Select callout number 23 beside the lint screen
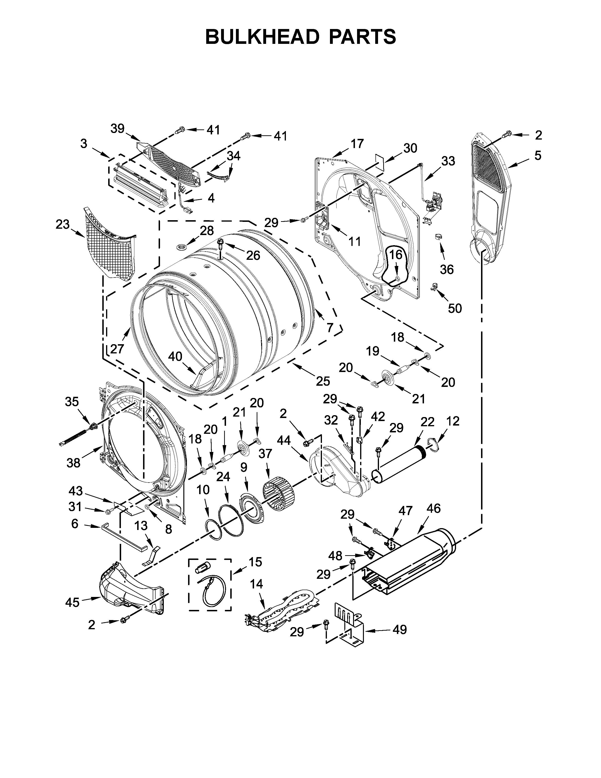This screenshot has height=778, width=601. (x=63, y=225)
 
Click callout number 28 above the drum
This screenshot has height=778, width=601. (x=206, y=231)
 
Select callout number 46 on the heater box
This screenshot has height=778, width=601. (x=433, y=508)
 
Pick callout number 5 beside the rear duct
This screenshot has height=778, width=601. (x=538, y=155)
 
